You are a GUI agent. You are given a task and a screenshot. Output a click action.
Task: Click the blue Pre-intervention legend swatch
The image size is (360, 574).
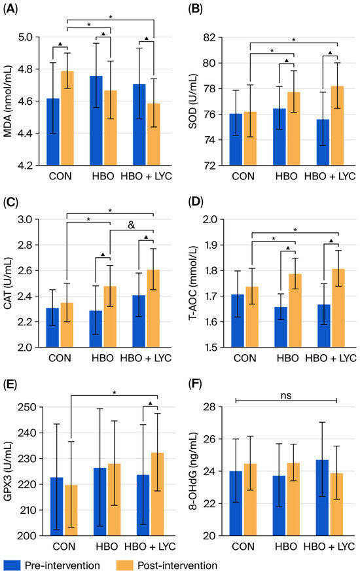click(12, 565)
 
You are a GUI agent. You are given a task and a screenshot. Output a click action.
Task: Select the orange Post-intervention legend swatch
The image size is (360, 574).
click(124, 565)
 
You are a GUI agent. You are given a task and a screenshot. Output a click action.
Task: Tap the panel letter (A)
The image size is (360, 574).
click(10, 10)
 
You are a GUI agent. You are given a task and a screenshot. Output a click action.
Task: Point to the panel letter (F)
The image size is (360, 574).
click(195, 384)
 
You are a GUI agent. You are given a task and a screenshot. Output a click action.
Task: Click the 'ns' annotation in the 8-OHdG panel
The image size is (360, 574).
click(286, 395)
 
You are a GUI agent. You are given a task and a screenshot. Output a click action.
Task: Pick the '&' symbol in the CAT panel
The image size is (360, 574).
click(132, 224)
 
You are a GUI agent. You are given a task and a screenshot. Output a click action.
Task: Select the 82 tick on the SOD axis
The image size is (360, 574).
click(213, 37)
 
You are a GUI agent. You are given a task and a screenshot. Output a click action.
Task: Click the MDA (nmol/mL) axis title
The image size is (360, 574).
click(8, 101)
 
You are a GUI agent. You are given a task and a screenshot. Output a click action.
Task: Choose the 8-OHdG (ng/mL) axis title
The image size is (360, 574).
click(193, 471)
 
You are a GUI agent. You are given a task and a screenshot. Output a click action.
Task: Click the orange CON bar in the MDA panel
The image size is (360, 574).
click(67, 118)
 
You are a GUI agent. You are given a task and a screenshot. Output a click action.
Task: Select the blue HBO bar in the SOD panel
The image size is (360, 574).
click(279, 137)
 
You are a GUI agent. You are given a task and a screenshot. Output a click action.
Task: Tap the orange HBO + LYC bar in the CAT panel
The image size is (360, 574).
click(153, 308)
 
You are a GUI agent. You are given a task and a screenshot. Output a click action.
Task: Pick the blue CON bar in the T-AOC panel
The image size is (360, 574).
click(238, 321)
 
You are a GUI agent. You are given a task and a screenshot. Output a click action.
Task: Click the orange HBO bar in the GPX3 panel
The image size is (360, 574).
click(115, 499)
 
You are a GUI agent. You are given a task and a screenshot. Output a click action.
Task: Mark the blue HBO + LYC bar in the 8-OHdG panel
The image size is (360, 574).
click(322, 498)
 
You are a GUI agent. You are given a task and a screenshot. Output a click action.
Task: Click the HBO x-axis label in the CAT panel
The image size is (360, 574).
click(103, 358)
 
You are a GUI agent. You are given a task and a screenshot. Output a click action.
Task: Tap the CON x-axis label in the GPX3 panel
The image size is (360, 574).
click(64, 547)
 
